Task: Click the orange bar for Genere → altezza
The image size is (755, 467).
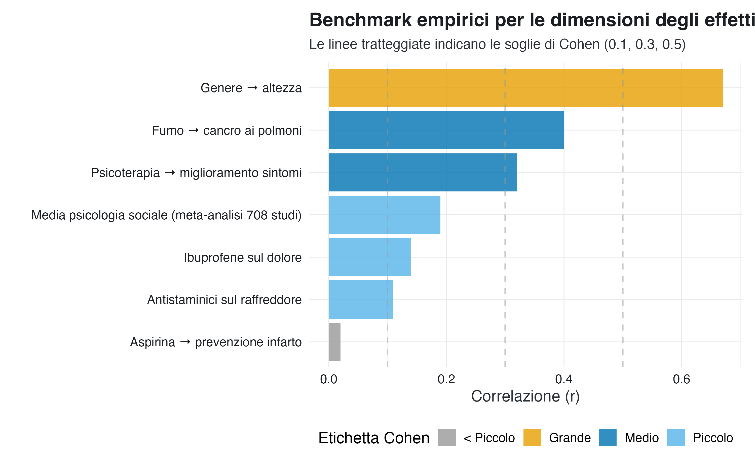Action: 525,88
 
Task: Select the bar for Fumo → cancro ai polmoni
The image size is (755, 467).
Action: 446,130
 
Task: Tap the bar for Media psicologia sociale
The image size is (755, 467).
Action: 385,215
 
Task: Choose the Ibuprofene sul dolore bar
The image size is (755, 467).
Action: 370,257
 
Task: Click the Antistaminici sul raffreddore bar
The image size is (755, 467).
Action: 361,299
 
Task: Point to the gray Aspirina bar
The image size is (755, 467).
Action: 334,342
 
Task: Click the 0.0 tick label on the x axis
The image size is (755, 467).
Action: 329,379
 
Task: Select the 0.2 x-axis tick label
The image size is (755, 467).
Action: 446,379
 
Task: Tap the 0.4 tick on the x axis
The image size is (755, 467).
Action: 564,379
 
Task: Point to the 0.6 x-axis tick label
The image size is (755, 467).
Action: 681,379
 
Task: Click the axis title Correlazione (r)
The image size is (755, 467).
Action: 525,396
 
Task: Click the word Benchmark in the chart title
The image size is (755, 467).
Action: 360,20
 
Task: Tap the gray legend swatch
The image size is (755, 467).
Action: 447,437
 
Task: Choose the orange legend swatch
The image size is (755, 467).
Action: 532,437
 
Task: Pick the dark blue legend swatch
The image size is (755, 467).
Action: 608,437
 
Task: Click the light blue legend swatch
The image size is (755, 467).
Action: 676,437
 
